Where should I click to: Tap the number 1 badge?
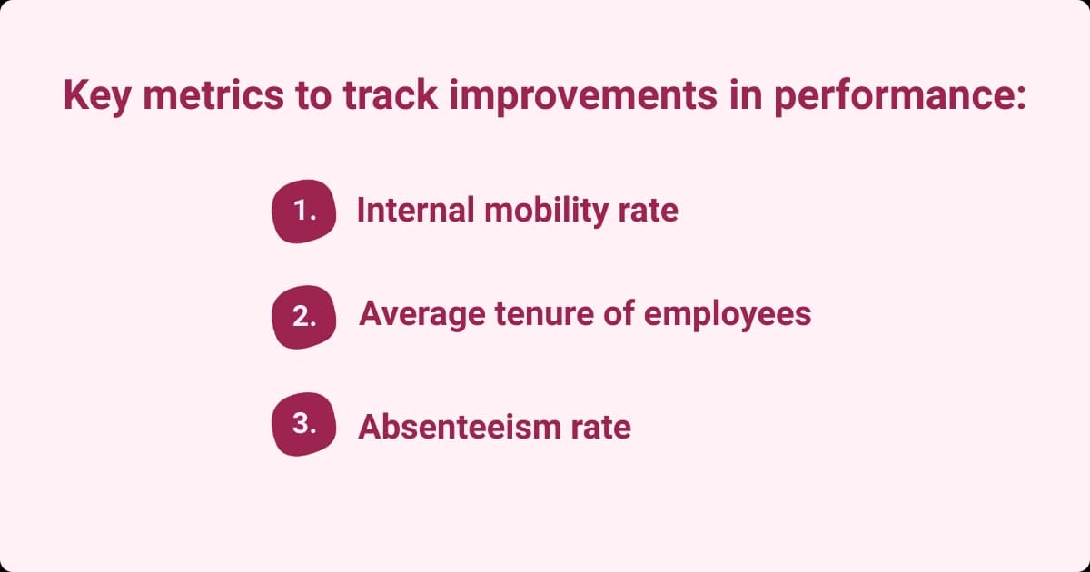click(303, 212)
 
